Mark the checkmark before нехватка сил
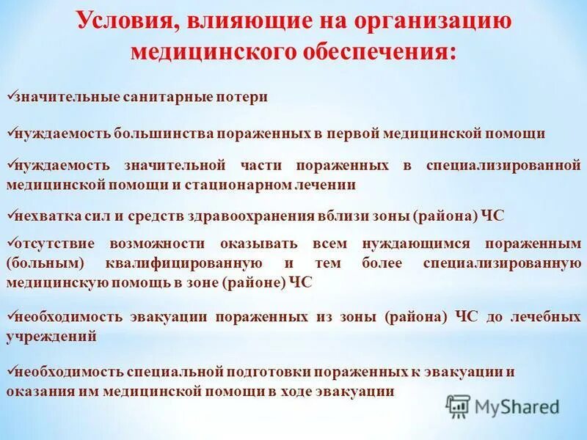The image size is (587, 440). [10, 213]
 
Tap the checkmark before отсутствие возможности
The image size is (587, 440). [10, 240]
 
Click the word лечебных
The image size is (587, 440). [546, 318]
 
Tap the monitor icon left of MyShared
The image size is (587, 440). [458, 406]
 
